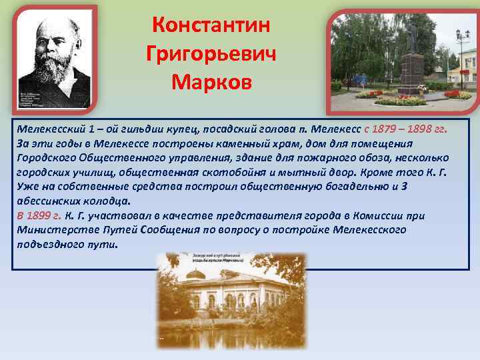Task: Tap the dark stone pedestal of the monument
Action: coord(411,75)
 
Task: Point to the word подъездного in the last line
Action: coord(51,244)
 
